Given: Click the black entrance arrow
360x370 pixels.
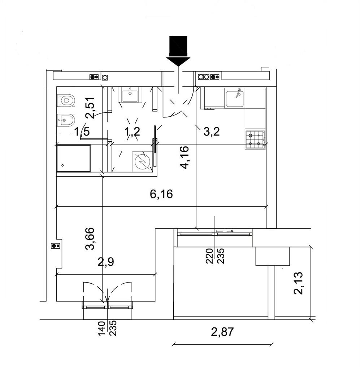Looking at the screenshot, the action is point(178,51).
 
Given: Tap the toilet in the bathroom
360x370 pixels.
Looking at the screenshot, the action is point(66,100).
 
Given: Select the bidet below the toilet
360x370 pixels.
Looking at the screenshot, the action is point(66,120).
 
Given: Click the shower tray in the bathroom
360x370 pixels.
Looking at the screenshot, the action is point(74,158).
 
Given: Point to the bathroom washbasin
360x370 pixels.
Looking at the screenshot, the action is point(130,95).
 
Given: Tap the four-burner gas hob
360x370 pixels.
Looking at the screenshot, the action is point(255,139).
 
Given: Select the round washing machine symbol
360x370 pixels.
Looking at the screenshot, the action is point(142,162).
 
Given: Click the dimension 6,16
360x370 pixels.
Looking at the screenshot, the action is point(161,194).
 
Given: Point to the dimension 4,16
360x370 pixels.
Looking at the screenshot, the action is point(185,157).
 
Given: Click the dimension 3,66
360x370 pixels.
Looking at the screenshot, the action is point(90,238).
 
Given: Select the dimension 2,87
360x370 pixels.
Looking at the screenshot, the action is point(222,332).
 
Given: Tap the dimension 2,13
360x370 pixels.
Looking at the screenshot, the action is point(298,283).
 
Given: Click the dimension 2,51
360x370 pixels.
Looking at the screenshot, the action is point(90,108).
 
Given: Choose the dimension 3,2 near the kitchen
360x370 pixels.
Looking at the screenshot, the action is point(212,132).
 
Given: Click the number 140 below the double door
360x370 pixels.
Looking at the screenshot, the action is point(101,328).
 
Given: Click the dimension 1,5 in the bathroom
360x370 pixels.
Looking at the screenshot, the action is point(82,132).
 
